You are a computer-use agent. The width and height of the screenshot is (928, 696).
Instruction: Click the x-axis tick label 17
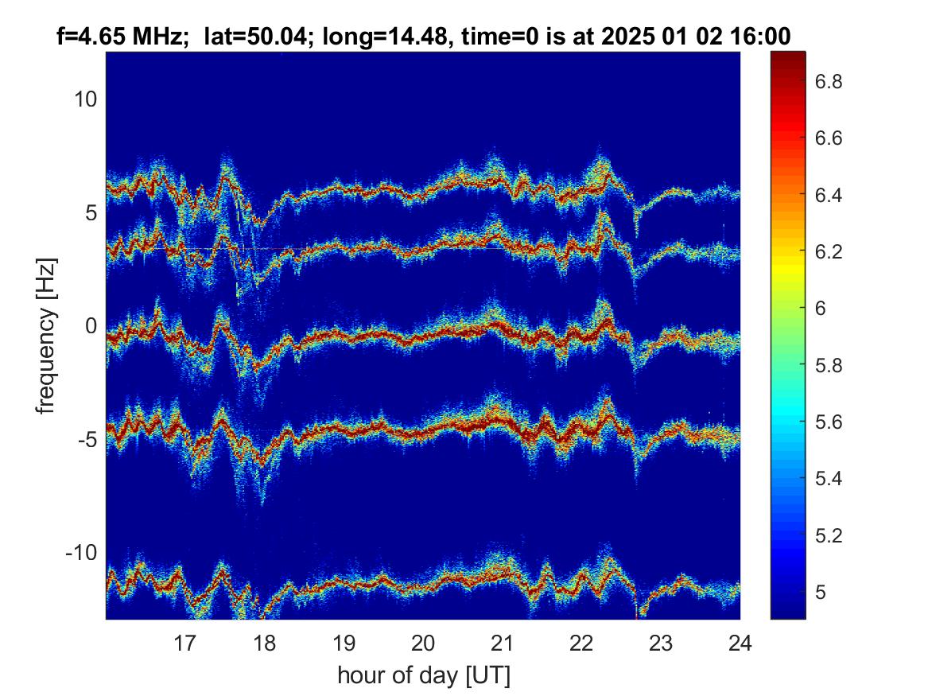point(184,643)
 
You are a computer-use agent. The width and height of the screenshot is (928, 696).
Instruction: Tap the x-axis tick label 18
point(264,643)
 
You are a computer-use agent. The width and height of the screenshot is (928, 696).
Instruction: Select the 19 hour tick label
point(344,643)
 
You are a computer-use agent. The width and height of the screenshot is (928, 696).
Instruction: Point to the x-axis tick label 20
point(423,643)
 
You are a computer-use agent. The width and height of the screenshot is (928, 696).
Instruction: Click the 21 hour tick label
point(503,643)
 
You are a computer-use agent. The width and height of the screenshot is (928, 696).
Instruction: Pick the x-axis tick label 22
point(582,643)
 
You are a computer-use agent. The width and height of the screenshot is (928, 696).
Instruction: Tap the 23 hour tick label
point(661,643)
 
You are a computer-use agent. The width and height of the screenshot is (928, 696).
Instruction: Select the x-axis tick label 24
point(740,643)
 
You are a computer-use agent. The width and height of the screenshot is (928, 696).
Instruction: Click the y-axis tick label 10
point(85,99)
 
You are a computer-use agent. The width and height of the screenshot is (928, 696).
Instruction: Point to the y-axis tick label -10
point(81,552)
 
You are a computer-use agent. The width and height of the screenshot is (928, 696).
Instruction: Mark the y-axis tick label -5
point(87,439)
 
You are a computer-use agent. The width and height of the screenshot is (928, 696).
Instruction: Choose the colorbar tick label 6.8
point(829,81)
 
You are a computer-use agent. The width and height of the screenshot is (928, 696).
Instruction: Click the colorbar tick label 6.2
point(829,251)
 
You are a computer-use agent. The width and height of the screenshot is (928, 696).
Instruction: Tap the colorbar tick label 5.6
point(829,422)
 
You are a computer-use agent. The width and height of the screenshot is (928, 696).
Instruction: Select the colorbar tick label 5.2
point(829,535)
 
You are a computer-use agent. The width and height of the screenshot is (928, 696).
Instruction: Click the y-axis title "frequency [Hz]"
point(46,336)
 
